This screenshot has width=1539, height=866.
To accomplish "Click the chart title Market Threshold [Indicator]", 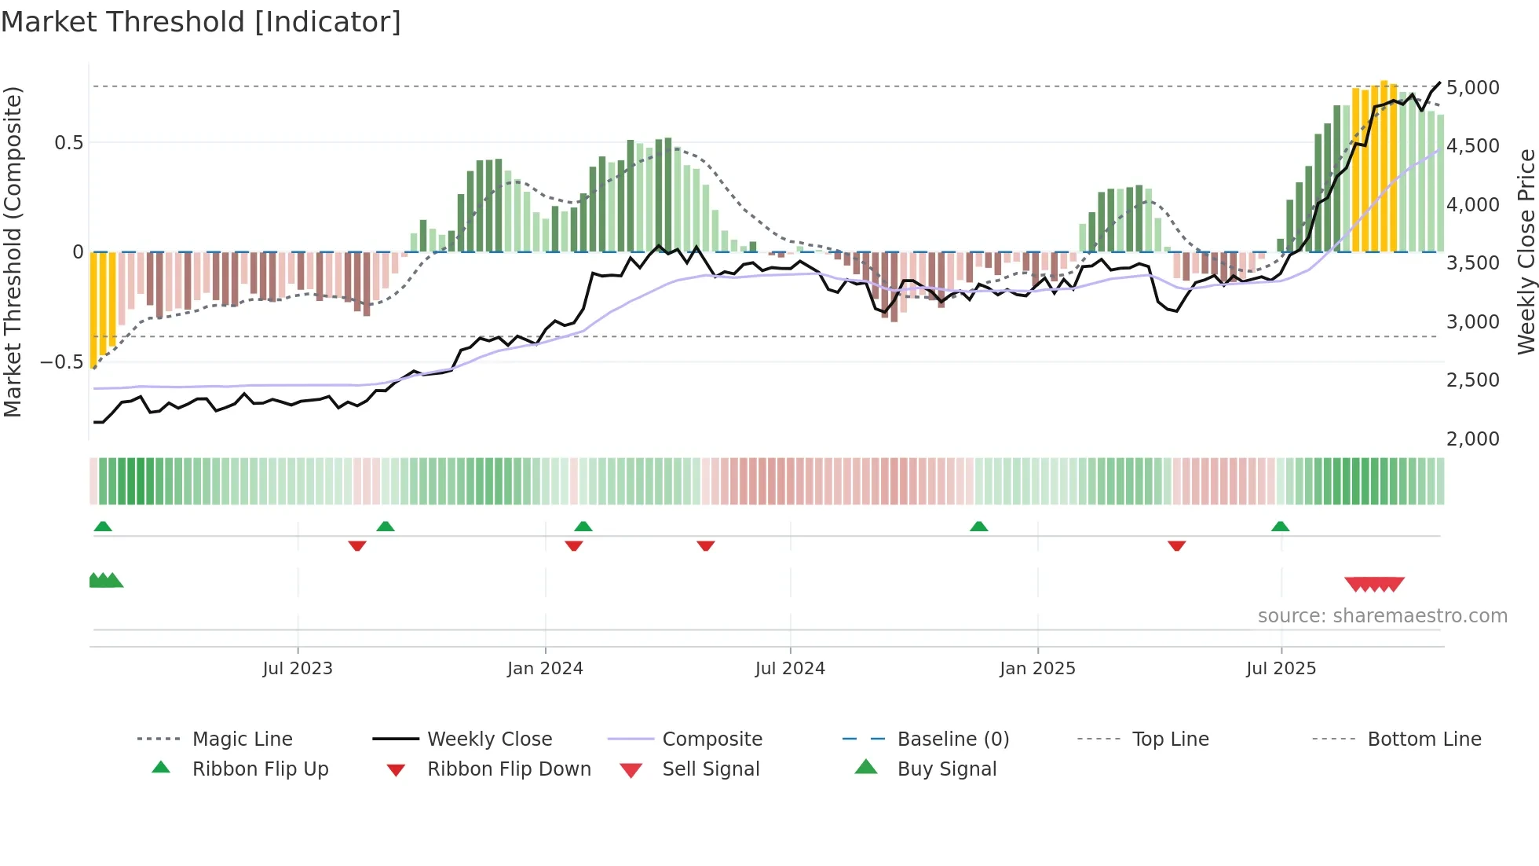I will point(201,22).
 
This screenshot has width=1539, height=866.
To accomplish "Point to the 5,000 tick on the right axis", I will point(1472,87).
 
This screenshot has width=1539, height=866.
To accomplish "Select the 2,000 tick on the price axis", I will point(1472,439).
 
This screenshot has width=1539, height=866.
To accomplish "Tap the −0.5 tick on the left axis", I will point(61,362).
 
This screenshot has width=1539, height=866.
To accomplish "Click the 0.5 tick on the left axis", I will point(68,142).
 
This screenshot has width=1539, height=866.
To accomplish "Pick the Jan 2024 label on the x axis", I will point(545,669).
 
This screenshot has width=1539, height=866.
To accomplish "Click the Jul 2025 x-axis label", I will point(1281,669).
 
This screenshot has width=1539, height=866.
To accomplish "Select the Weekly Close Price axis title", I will point(1526,251).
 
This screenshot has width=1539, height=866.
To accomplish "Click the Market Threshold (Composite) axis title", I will point(13,251).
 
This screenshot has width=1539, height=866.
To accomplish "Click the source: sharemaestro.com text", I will point(1382,616).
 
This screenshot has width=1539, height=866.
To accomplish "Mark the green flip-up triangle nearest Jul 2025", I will point(1280,527).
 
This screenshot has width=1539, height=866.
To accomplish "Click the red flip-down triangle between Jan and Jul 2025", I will point(1176,545).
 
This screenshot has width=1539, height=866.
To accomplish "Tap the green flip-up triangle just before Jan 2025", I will point(978,527).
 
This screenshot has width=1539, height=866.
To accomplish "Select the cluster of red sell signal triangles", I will point(1374,584).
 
